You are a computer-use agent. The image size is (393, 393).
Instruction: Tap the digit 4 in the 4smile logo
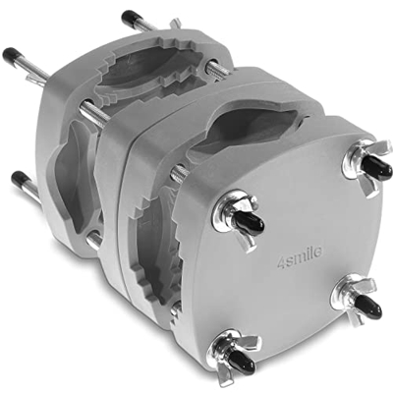click(281, 264)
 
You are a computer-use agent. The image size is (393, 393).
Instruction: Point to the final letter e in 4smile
click(317, 253)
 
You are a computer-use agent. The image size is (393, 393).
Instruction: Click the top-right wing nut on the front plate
click(366, 165)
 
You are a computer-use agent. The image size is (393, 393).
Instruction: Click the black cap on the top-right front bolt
click(377, 166)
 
